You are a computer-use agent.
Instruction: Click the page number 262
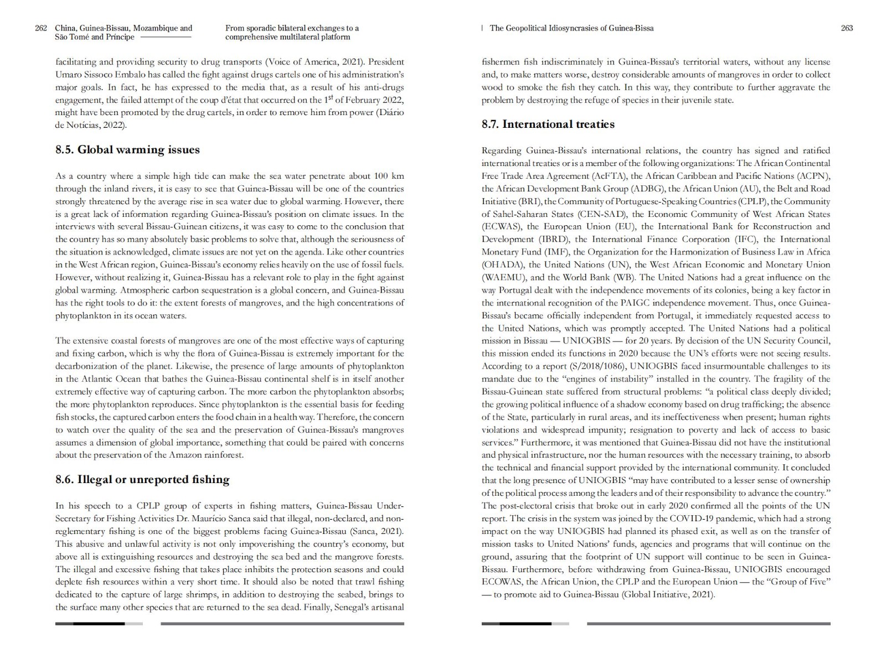click(x=41, y=28)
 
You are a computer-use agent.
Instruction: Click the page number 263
click(x=847, y=28)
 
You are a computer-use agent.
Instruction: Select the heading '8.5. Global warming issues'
click(x=127, y=150)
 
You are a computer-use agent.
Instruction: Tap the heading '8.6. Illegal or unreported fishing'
click(x=142, y=480)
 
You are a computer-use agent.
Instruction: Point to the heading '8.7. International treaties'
click(x=548, y=124)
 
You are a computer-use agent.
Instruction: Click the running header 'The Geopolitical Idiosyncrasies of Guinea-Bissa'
click(x=571, y=28)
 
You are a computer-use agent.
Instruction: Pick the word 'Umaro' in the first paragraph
click(x=67, y=75)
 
